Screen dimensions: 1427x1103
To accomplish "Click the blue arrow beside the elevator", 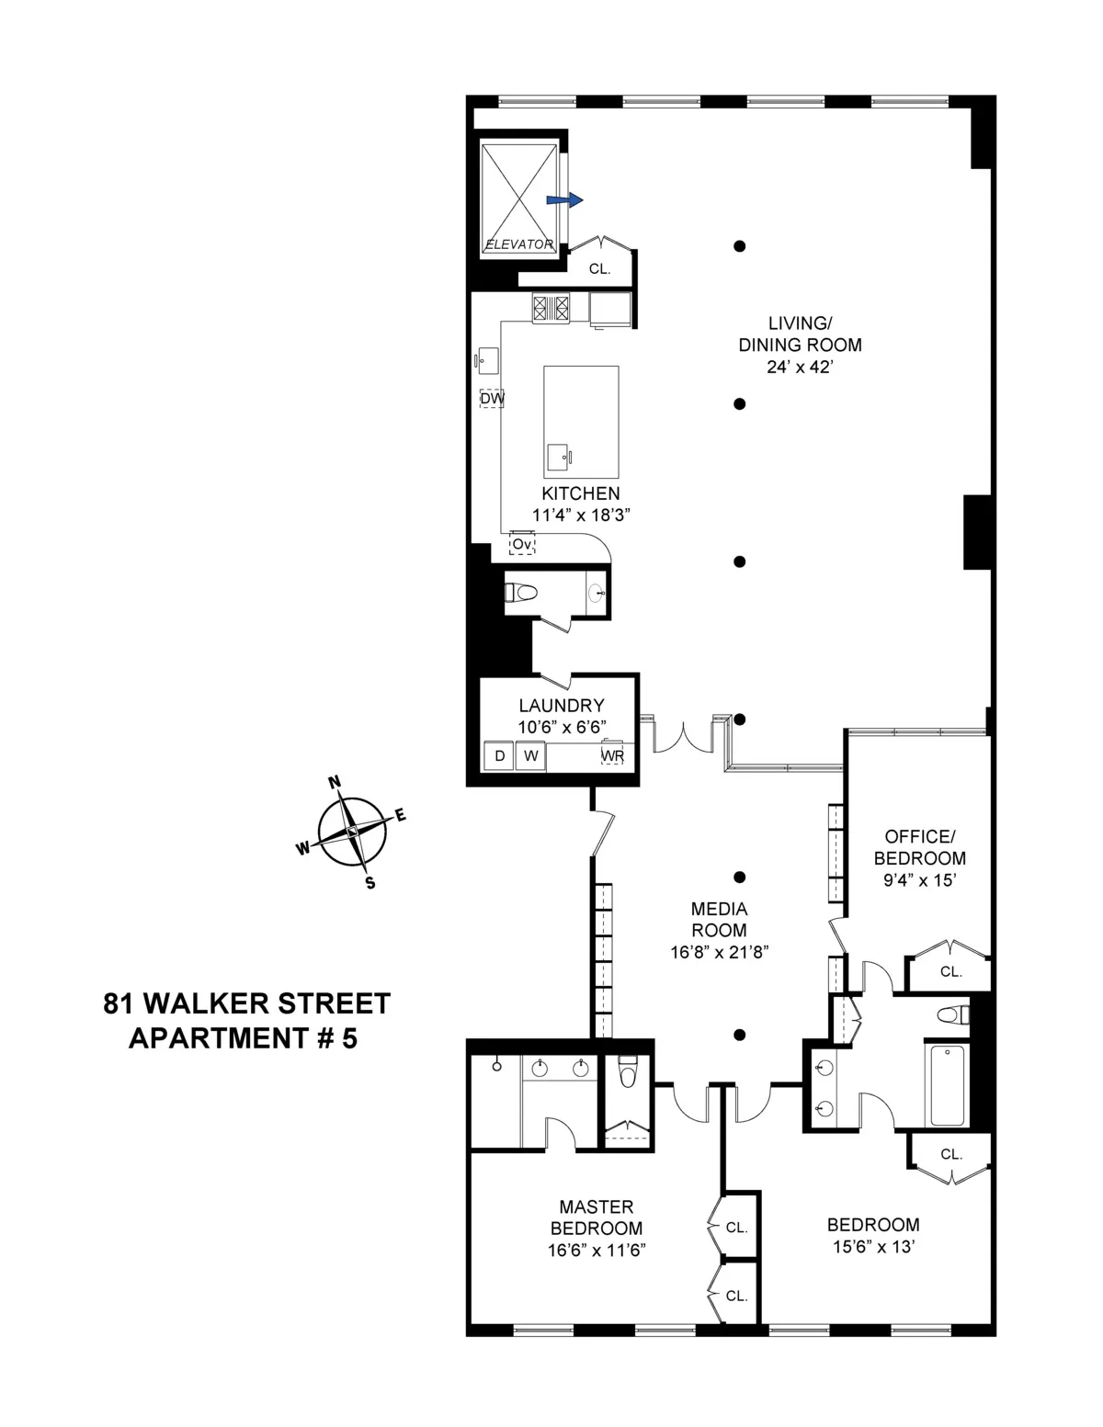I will [564, 199].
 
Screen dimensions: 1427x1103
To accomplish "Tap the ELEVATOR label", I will [519, 244].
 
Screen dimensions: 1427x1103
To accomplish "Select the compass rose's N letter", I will [335, 782].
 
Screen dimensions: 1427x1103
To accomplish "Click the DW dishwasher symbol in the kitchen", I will [492, 399].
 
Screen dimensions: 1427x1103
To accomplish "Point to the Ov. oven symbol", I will [522, 544].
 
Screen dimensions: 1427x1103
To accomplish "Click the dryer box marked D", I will [500, 756].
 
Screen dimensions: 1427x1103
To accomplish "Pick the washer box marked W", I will [530, 756].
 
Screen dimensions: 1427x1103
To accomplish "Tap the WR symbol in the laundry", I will [612, 754].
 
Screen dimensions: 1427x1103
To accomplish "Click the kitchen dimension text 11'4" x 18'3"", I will [580, 515].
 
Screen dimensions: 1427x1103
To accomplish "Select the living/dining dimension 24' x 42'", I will [800, 367].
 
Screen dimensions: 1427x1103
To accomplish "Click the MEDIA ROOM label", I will [719, 919].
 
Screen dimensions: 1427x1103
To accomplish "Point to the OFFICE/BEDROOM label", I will [919, 847].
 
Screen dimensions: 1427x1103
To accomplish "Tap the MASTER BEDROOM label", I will [596, 1217].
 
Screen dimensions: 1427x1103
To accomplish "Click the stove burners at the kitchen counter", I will [551, 308].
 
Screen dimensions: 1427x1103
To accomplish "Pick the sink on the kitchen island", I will [558, 456].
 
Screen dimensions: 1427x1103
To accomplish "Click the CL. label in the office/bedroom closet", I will [950, 971].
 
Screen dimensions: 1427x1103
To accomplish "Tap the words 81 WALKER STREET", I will [246, 1002].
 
